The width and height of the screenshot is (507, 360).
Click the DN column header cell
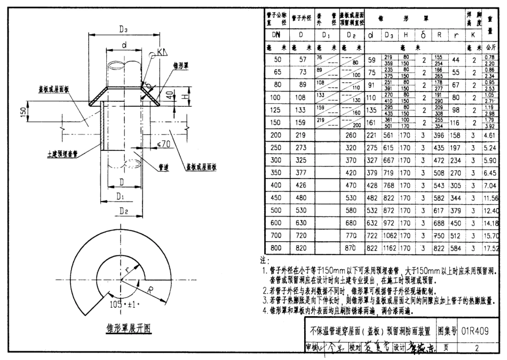[276, 35]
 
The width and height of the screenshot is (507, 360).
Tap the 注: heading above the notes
[263, 261]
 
